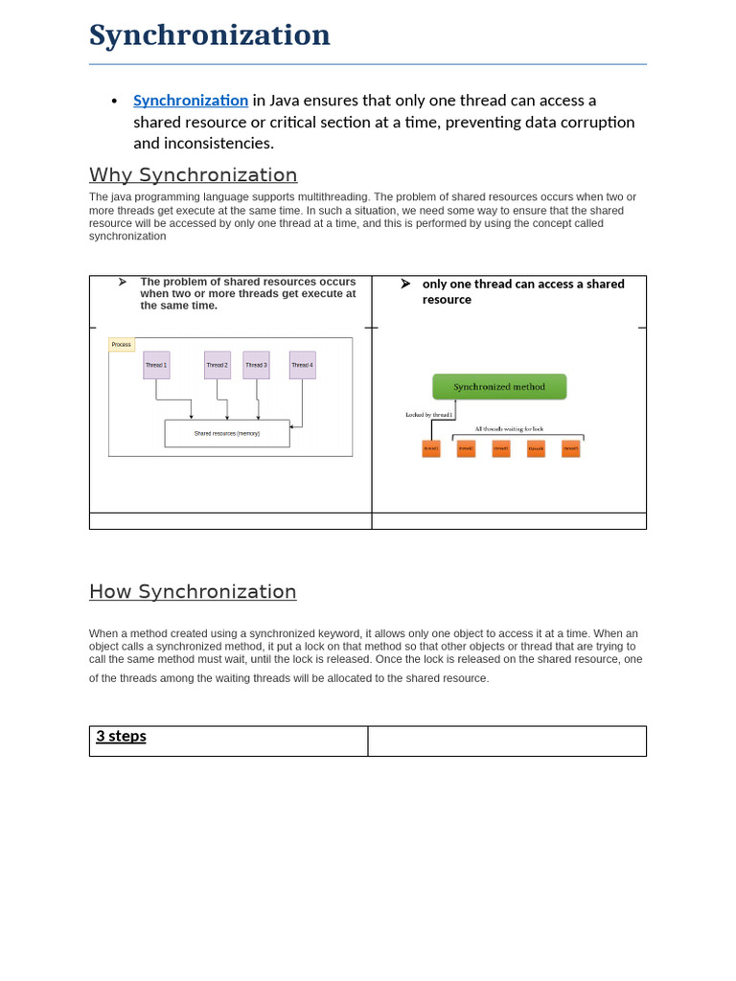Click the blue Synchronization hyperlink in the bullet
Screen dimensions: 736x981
[191, 101]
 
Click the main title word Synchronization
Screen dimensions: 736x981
[210, 35]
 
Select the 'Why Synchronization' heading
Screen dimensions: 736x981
[193, 175]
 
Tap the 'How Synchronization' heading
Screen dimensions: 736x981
[193, 592]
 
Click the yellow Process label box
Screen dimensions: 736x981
[122, 344]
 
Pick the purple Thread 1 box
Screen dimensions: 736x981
[156, 365]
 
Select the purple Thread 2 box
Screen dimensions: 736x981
[218, 365]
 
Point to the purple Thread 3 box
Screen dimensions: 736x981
[256, 365]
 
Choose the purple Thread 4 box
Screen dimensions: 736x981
[302, 365]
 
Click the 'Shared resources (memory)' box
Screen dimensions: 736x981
[227, 433]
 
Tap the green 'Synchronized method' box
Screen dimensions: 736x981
[499, 387]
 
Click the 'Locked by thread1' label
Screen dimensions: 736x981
[428, 415]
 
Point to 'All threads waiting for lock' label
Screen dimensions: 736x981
[509, 429]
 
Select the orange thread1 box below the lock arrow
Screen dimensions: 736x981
[431, 448]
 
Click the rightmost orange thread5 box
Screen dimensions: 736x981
[570, 448]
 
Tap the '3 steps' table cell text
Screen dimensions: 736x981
[121, 737]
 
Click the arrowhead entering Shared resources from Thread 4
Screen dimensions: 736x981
[292, 427]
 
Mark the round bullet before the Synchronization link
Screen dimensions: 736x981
[114, 102]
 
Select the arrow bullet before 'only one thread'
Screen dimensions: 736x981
[405, 284]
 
